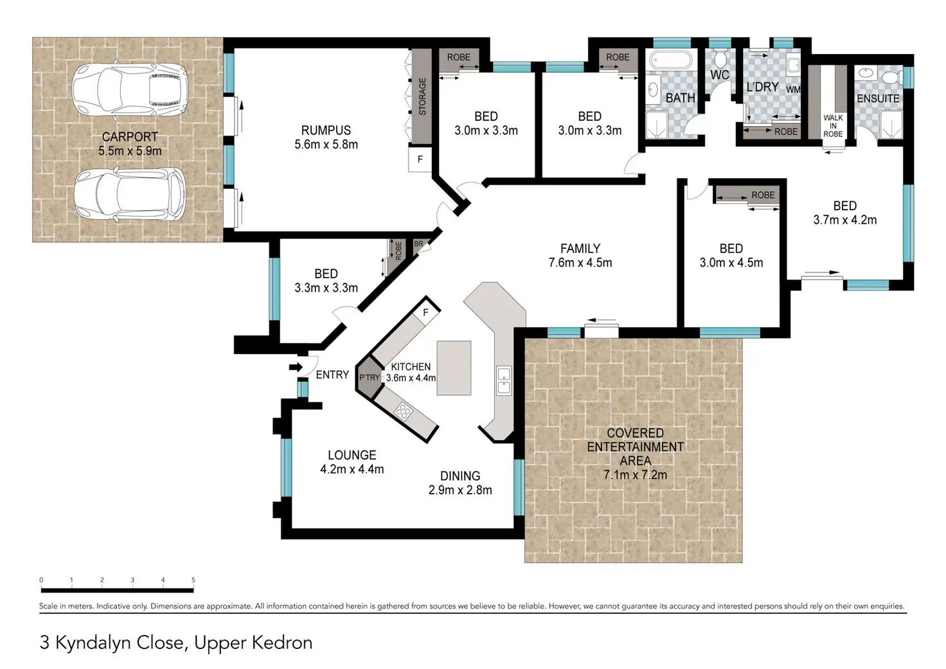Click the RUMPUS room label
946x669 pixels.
coord(326,130)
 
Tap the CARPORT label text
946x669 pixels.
coord(130,137)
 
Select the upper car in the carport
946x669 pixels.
coord(130,89)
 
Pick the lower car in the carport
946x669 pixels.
coord(130,194)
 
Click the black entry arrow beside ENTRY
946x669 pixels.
coord(296,367)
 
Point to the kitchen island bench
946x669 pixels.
coord(454,368)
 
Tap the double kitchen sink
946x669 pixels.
coord(503,380)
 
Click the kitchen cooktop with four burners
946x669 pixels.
coord(403,411)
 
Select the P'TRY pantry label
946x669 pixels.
coord(370,378)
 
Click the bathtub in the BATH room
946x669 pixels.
coord(671,60)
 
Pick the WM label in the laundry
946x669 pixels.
coord(793,89)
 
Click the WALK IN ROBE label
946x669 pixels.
coord(833,126)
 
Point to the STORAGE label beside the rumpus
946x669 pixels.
coord(422,96)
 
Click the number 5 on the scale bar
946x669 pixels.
coord(193,580)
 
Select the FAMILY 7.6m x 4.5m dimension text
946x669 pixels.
coord(580,263)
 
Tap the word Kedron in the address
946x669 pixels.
coord(283,643)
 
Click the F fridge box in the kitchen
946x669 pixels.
coord(426,312)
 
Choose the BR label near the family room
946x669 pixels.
coord(418,244)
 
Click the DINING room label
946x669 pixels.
coord(460,476)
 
